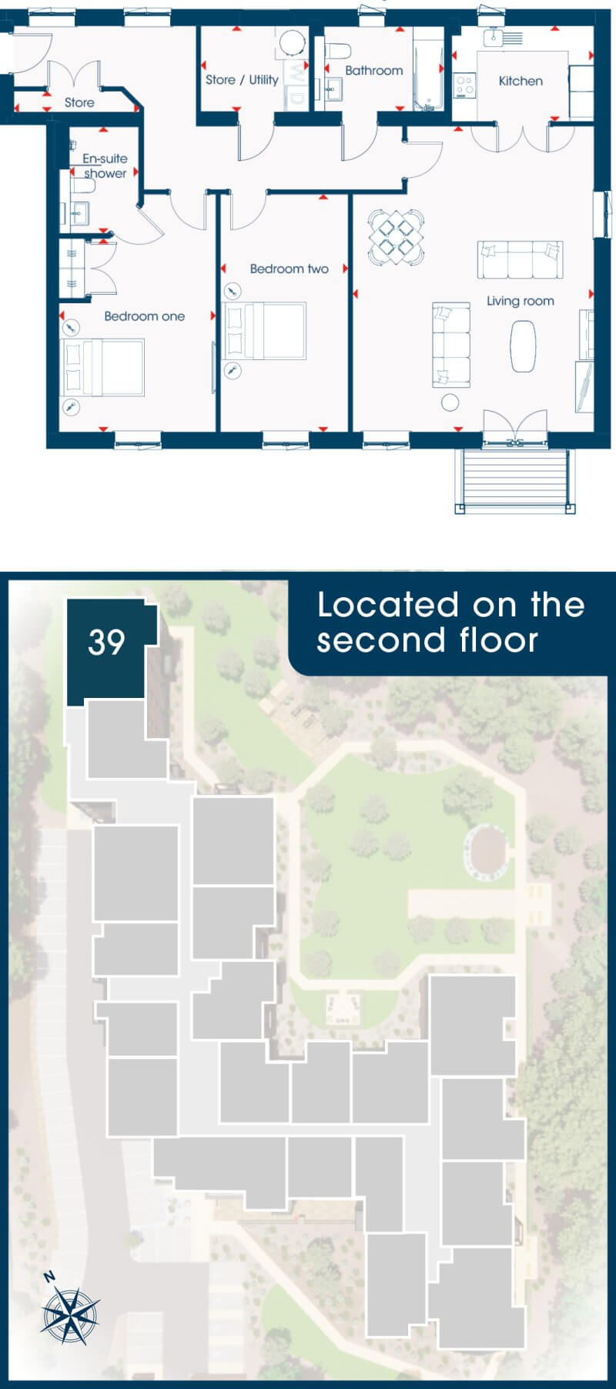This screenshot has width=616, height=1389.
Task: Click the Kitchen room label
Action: (x=521, y=81)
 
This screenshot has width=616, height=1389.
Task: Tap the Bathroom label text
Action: (x=374, y=70)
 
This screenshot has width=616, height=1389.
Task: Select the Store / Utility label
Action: (x=242, y=79)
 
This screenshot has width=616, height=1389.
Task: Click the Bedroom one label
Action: (x=145, y=316)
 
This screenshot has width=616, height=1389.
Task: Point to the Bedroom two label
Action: (x=290, y=269)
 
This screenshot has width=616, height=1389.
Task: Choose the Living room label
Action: (x=521, y=301)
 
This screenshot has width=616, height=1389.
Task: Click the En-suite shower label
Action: (x=105, y=165)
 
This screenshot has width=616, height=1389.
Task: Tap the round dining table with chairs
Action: (x=396, y=237)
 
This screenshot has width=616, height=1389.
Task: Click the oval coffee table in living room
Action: (x=524, y=346)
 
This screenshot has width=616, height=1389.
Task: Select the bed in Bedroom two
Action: (x=264, y=331)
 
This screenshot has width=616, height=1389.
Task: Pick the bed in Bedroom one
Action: (x=102, y=368)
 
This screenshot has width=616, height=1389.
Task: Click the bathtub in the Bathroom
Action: (x=428, y=70)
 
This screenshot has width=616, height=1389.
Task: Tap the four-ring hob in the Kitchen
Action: (x=464, y=85)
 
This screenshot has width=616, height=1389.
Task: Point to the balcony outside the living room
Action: (x=515, y=480)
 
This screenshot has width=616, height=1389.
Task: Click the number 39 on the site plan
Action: (x=106, y=643)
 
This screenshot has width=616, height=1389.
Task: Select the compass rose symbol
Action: (x=69, y=1310)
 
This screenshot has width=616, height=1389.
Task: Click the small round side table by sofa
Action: (x=450, y=401)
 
